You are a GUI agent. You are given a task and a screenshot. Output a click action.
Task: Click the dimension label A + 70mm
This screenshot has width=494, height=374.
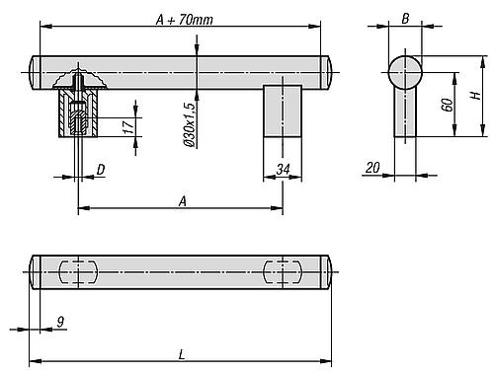coord(185,20)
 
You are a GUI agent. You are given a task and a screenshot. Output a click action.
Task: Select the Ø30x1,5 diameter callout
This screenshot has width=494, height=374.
coord(190,124)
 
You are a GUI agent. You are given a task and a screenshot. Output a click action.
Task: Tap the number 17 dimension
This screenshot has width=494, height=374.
coord(128,127)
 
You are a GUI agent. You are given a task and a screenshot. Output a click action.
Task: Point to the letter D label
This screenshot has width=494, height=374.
coord(101,170)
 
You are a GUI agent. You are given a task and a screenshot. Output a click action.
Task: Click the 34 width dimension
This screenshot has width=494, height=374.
coord(283,170)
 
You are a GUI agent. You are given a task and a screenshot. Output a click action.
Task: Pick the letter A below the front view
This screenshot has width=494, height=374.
coord(183,201)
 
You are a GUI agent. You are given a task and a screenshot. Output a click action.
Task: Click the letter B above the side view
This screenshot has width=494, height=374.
coord(405,19)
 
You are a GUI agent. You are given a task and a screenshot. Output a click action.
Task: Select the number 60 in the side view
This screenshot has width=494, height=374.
coord(448,105)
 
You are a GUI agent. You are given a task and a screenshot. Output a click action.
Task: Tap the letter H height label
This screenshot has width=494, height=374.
coord(475,96)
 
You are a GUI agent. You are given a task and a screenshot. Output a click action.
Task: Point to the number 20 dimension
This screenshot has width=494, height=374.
coord(372,168)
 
